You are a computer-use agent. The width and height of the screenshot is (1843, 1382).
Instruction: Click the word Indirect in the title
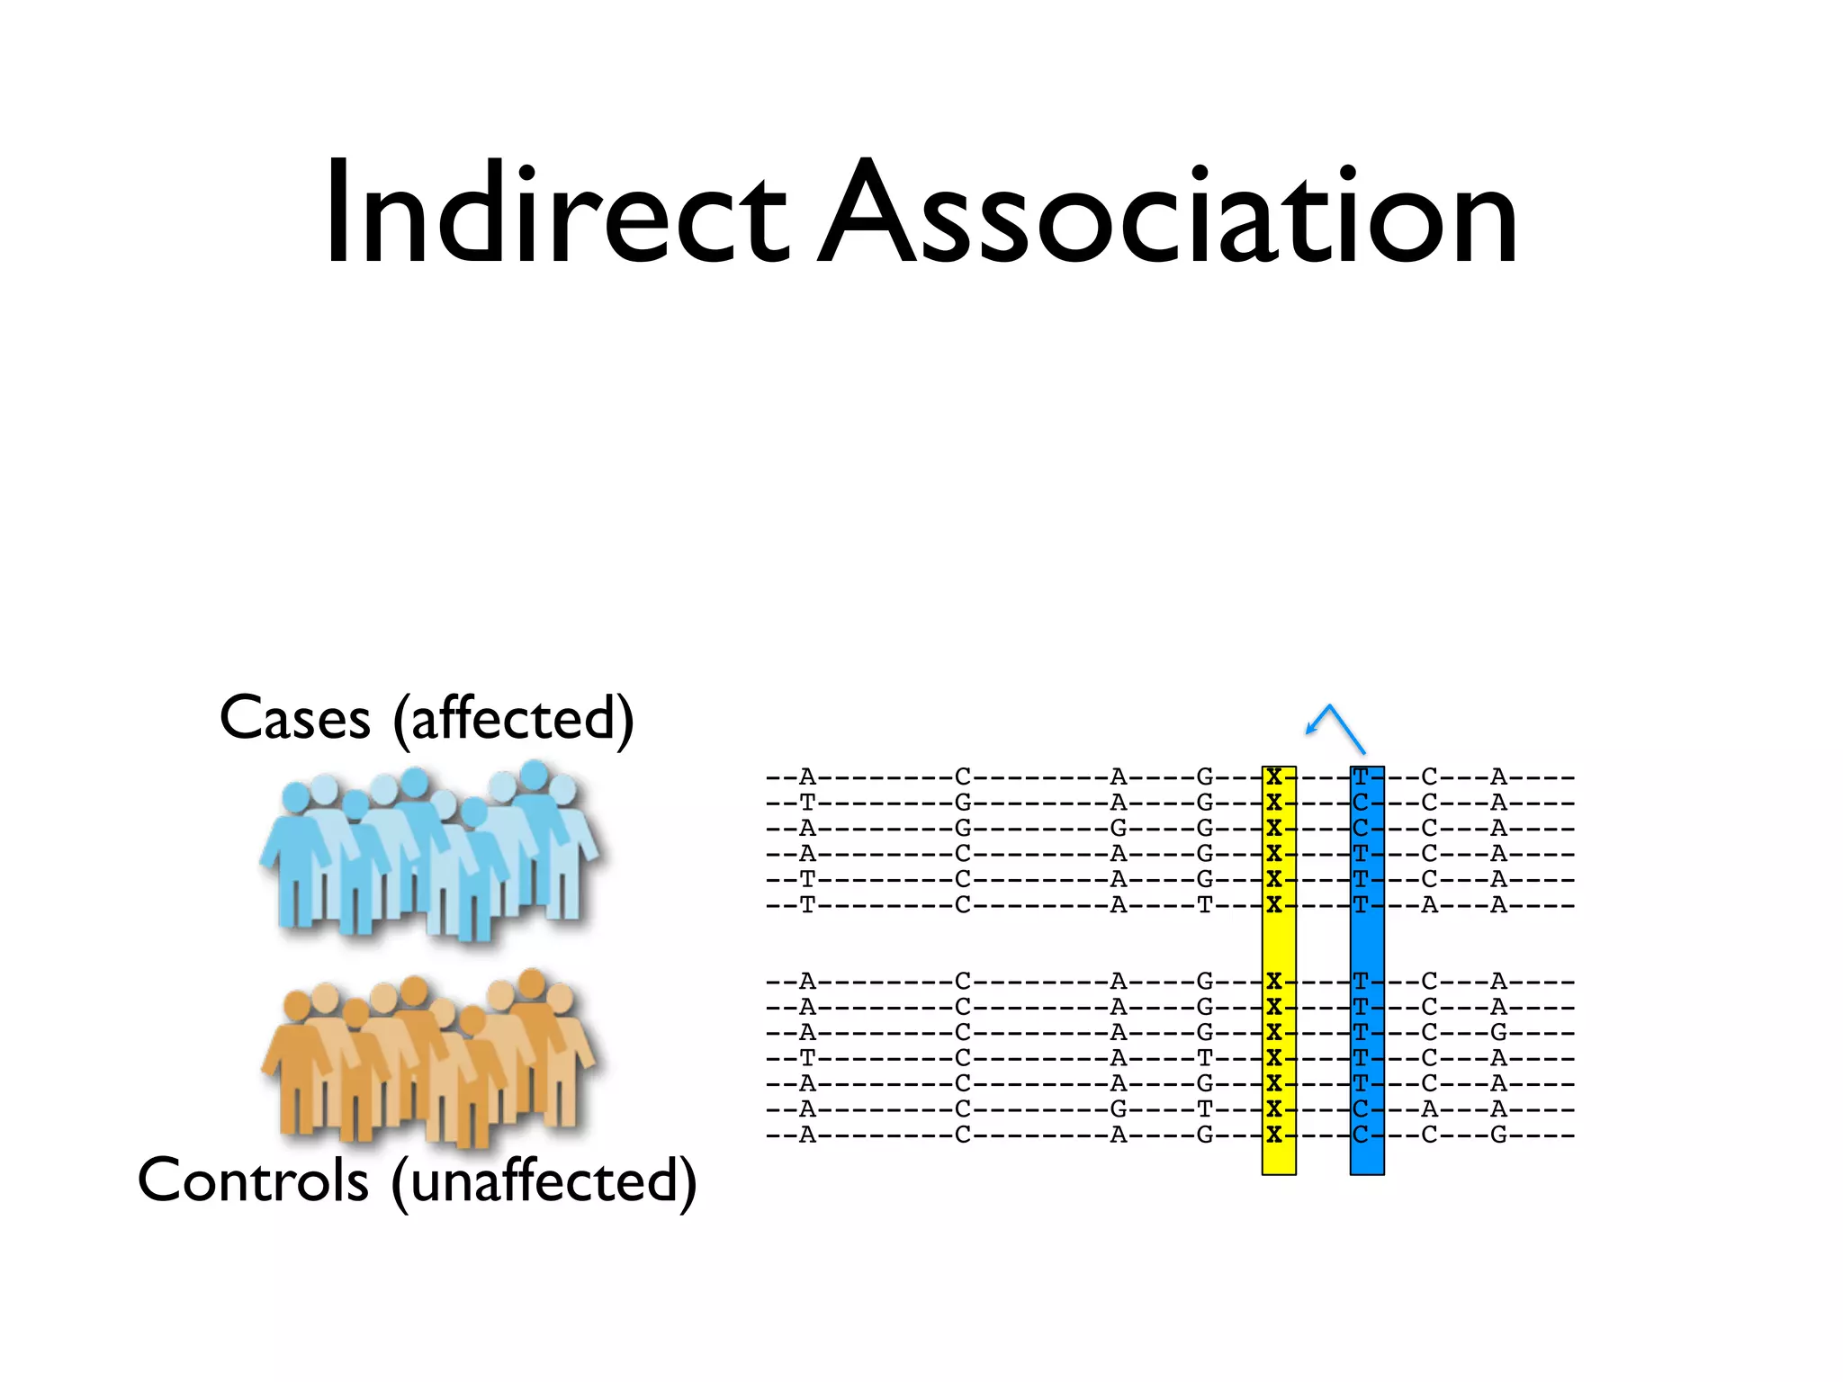click(555, 213)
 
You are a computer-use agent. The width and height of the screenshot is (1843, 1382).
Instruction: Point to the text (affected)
click(514, 720)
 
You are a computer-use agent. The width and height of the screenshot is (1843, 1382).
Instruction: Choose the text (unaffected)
click(544, 1181)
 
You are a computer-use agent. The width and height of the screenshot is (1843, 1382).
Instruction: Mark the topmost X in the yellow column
click(1274, 776)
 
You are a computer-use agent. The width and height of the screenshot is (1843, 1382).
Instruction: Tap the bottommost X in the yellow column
click(1274, 1135)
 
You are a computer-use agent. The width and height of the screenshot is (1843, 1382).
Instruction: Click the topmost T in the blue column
click(1361, 776)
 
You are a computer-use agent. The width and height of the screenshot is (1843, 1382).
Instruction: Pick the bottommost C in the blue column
click(1361, 1135)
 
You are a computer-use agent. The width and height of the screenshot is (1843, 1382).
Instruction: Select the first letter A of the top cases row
click(807, 776)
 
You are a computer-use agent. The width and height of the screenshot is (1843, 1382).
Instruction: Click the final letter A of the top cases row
click(1498, 776)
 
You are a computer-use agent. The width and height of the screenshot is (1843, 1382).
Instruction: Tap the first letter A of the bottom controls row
click(807, 1135)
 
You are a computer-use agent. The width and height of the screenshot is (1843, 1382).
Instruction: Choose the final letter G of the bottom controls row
click(1498, 1135)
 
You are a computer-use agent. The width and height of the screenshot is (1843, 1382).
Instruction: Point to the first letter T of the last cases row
click(807, 905)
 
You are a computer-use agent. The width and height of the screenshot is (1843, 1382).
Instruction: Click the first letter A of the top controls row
click(807, 981)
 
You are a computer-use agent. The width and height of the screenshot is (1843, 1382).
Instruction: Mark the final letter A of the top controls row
click(1498, 981)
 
